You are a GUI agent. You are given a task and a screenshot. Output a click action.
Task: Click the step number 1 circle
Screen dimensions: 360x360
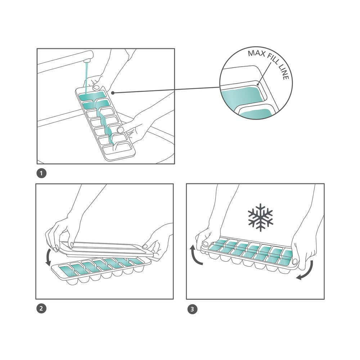(x=41, y=173)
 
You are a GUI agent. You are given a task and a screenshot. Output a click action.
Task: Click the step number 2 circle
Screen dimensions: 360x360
(x=41, y=308)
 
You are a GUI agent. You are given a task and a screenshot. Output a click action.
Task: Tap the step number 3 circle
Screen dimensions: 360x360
(x=192, y=309)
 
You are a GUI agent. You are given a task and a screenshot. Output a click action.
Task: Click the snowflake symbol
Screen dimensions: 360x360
(x=261, y=217)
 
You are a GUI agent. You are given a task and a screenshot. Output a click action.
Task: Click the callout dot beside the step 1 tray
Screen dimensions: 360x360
(x=113, y=93)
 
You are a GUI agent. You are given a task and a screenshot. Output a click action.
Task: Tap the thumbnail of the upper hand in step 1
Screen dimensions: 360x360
(x=95, y=87)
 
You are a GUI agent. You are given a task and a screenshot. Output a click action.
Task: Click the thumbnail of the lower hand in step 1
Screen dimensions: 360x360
(x=121, y=130)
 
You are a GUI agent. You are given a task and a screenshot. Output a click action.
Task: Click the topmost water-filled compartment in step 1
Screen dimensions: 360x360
(x=91, y=95)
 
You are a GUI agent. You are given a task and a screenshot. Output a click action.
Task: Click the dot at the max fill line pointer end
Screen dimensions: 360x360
(x=258, y=84)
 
